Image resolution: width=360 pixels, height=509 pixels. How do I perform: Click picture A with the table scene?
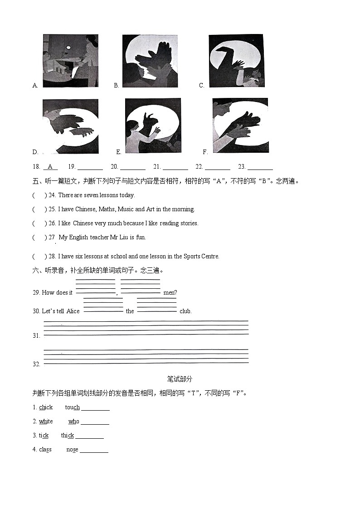coord(70,61)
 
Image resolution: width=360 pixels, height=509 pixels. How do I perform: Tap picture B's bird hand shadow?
coord(150,61)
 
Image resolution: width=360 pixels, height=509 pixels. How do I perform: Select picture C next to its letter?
coord(236,61)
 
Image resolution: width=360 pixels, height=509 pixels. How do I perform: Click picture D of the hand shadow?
coord(70,126)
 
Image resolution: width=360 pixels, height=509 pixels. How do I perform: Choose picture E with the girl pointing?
coord(153,126)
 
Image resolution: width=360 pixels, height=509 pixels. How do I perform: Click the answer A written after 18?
coord(50,167)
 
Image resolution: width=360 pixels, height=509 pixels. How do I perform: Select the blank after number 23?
coord(260,167)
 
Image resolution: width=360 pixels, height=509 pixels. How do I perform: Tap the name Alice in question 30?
coord(73,311)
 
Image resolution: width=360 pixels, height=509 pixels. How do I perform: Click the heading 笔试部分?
coord(180,379)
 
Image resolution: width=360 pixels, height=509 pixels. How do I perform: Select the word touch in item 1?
coord(72,407)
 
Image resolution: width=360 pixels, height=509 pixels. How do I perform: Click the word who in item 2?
coord(74,422)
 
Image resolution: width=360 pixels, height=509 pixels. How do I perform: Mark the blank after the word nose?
coord(94,450)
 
